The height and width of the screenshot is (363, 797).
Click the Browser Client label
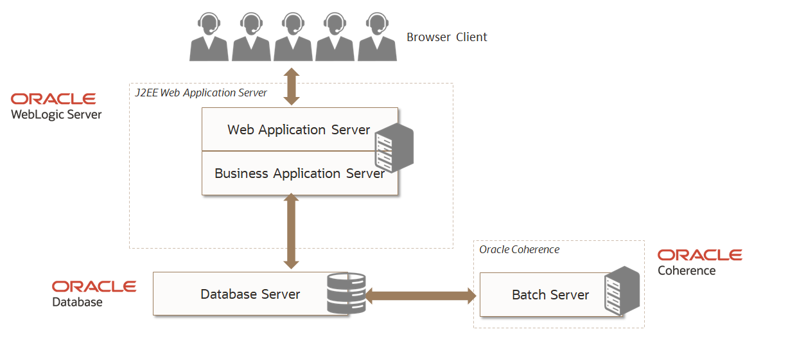pyautogui.click(x=446, y=37)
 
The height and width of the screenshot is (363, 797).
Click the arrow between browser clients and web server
pyautogui.click(x=292, y=86)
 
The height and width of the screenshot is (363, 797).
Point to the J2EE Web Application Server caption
pyautogui.click(x=200, y=93)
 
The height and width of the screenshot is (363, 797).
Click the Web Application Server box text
pyautogui.click(x=299, y=130)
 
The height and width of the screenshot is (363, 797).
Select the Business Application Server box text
pyautogui.click(x=299, y=173)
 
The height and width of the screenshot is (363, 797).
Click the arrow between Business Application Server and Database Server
pyautogui.click(x=292, y=231)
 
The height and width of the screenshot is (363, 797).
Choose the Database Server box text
pyautogui.click(x=250, y=294)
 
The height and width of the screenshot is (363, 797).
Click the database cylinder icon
pyautogui.click(x=346, y=293)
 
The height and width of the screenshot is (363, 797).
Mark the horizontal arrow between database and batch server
pyautogui.click(x=421, y=296)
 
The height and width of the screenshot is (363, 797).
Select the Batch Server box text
pyautogui.click(x=550, y=295)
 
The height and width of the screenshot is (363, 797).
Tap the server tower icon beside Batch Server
pyautogui.click(x=622, y=291)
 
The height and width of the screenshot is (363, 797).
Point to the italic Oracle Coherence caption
pyautogui.click(x=519, y=249)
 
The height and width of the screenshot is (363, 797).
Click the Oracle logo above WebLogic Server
pyautogui.click(x=53, y=99)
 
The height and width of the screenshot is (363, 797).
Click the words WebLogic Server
pyautogui.click(x=57, y=115)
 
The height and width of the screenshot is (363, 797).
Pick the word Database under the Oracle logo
pyautogui.click(x=77, y=302)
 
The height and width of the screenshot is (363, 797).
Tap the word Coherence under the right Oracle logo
pyautogui.click(x=686, y=270)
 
